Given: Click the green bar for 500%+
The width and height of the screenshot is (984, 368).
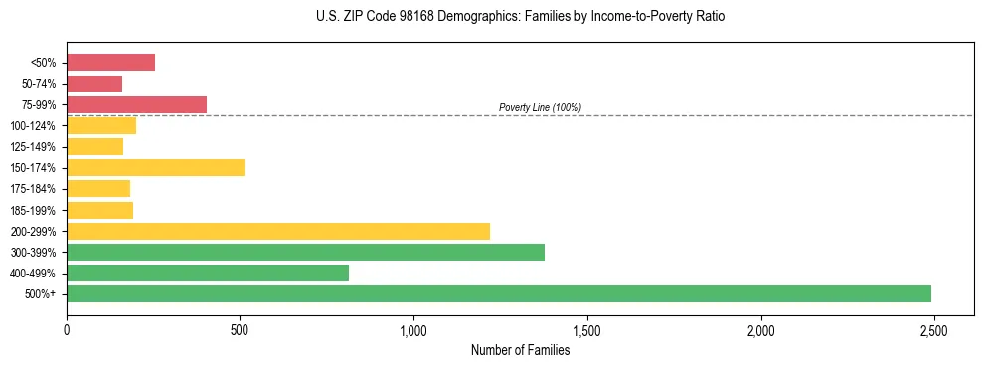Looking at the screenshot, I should click(x=498, y=293).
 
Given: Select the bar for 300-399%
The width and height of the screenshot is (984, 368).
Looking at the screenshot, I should click(x=305, y=252).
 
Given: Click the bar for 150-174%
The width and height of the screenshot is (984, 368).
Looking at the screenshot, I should click(x=155, y=167).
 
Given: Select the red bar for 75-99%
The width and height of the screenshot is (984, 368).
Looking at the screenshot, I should click(x=136, y=104).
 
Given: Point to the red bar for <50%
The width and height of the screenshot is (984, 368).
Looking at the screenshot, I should click(x=110, y=62).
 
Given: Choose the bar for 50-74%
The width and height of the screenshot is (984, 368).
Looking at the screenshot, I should click(x=94, y=83).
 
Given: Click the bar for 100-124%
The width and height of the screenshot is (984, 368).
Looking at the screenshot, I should click(x=101, y=125).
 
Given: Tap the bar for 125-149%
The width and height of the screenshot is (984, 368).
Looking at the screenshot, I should click(x=94, y=146).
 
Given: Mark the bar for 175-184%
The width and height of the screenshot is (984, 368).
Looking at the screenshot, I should click(x=98, y=188).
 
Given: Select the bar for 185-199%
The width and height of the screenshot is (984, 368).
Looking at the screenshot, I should click(x=99, y=210).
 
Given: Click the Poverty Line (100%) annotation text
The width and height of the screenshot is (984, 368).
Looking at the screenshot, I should click(x=540, y=107).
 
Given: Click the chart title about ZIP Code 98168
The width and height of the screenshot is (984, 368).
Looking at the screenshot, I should click(x=521, y=17).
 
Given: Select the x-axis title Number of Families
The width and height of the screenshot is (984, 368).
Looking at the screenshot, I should click(x=520, y=350).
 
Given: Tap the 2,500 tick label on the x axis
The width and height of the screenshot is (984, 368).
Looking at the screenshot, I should click(x=933, y=329).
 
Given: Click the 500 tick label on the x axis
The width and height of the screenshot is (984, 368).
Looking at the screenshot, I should click(x=240, y=329).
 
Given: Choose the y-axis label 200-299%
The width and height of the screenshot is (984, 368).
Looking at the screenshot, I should click(x=35, y=231).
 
